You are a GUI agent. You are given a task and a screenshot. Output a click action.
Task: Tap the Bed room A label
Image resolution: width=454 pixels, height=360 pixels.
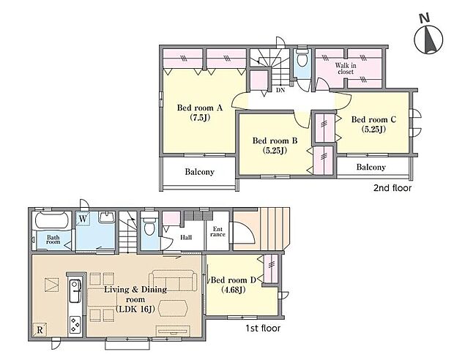200,108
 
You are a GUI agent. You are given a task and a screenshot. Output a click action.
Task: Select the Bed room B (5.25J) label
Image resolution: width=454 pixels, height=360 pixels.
275,146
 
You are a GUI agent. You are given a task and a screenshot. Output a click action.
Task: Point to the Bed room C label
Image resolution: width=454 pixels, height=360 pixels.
373,119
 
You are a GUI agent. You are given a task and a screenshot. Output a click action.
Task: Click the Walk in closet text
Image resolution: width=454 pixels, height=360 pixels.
346,68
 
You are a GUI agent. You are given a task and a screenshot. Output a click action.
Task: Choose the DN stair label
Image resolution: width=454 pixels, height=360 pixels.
280,90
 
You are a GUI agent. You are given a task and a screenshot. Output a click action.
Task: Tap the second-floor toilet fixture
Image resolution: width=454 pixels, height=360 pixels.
302,59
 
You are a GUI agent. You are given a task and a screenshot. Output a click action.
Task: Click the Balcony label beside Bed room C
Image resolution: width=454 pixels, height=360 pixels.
371,167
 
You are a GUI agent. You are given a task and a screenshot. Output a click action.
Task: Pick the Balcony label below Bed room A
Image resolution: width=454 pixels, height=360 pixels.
199,172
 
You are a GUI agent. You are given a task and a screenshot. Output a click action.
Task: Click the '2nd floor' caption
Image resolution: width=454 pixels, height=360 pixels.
392,188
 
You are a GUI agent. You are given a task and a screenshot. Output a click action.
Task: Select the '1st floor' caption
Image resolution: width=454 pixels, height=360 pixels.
263,328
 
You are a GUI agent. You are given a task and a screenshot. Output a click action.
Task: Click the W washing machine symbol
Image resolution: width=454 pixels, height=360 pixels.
83,219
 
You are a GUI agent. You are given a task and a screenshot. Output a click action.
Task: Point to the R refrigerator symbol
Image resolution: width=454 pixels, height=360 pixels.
40,329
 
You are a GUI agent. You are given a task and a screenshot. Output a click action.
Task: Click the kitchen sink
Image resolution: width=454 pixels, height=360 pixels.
75,290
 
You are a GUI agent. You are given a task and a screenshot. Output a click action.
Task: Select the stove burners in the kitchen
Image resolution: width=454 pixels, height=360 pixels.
75,324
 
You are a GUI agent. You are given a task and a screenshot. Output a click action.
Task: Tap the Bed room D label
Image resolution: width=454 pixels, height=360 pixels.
234,285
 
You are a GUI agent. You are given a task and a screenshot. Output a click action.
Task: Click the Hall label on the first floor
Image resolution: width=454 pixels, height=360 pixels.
186,238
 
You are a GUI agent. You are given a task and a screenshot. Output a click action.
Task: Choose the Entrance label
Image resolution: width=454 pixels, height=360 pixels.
217,232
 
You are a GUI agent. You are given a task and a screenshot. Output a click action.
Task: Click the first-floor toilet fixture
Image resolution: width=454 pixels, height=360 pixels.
149,226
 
